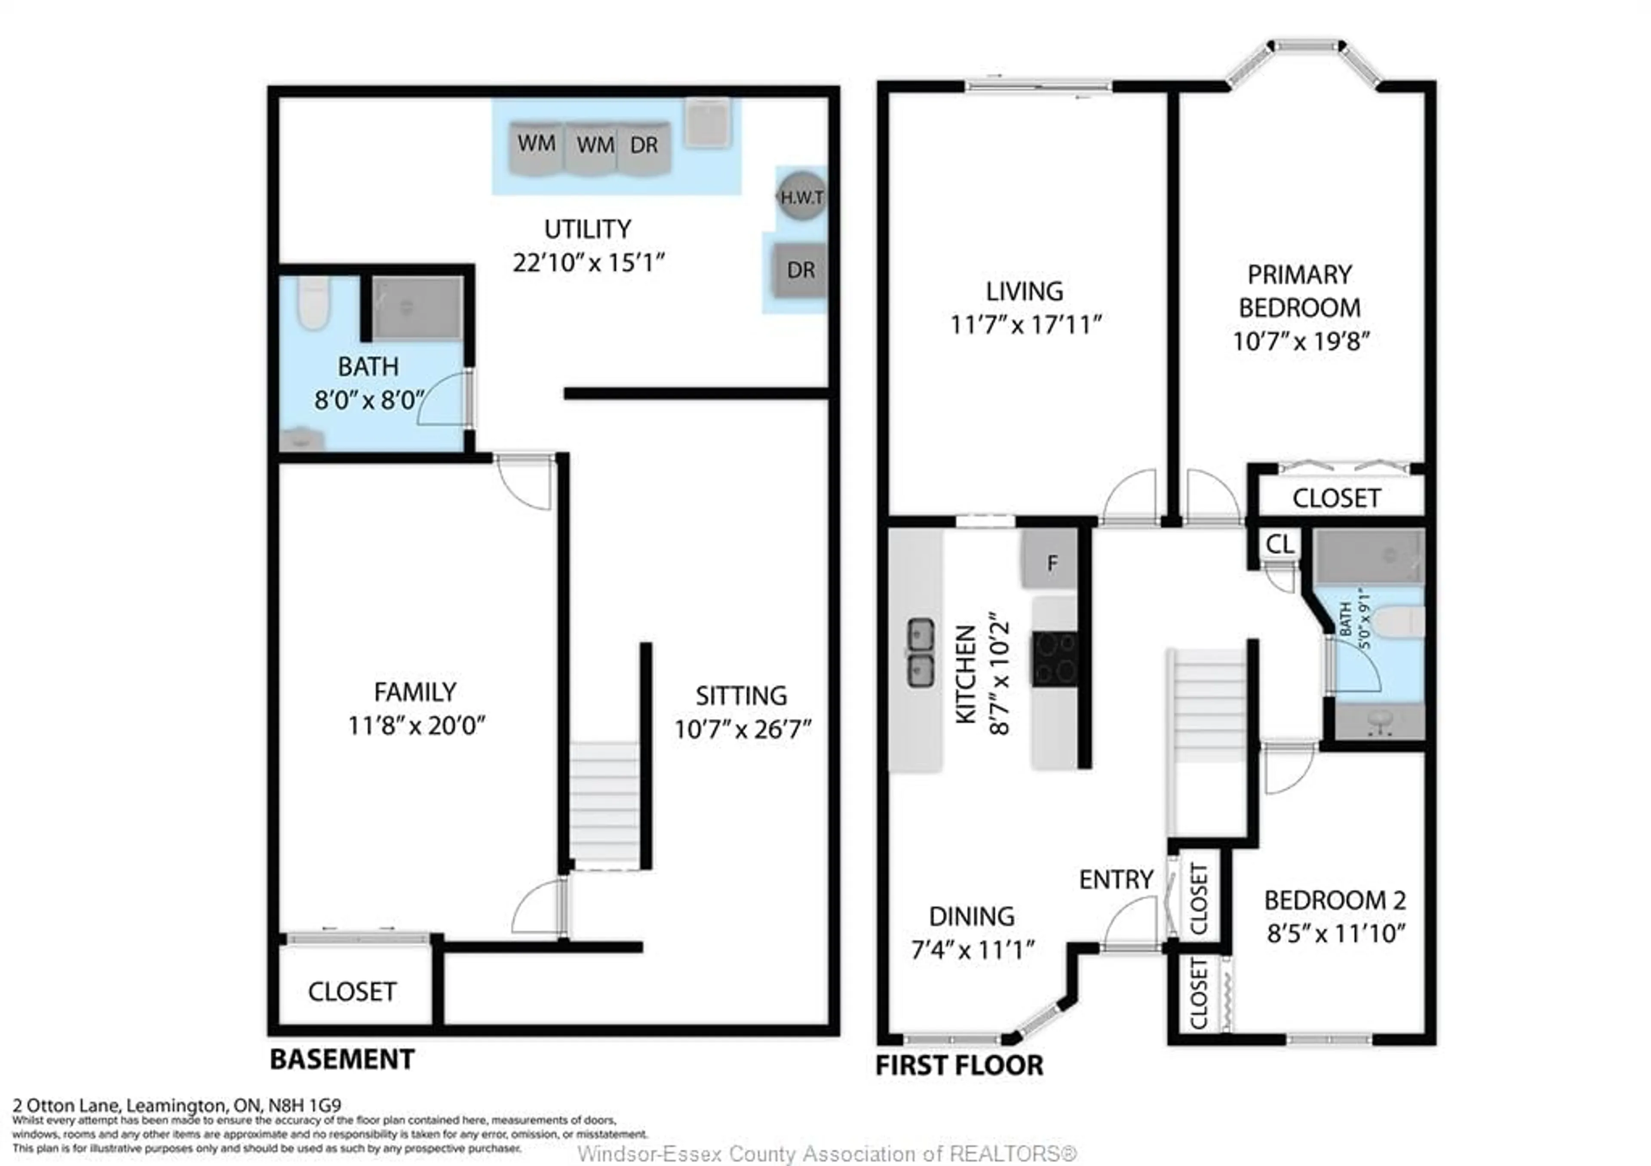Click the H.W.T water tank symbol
(802, 197)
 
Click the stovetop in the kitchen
(1054, 658)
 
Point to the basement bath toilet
(313, 304)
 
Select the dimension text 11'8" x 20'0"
(416, 725)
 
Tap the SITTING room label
(741, 695)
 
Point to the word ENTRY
(1116, 879)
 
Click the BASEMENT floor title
(342, 1059)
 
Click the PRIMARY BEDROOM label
(1299, 291)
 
